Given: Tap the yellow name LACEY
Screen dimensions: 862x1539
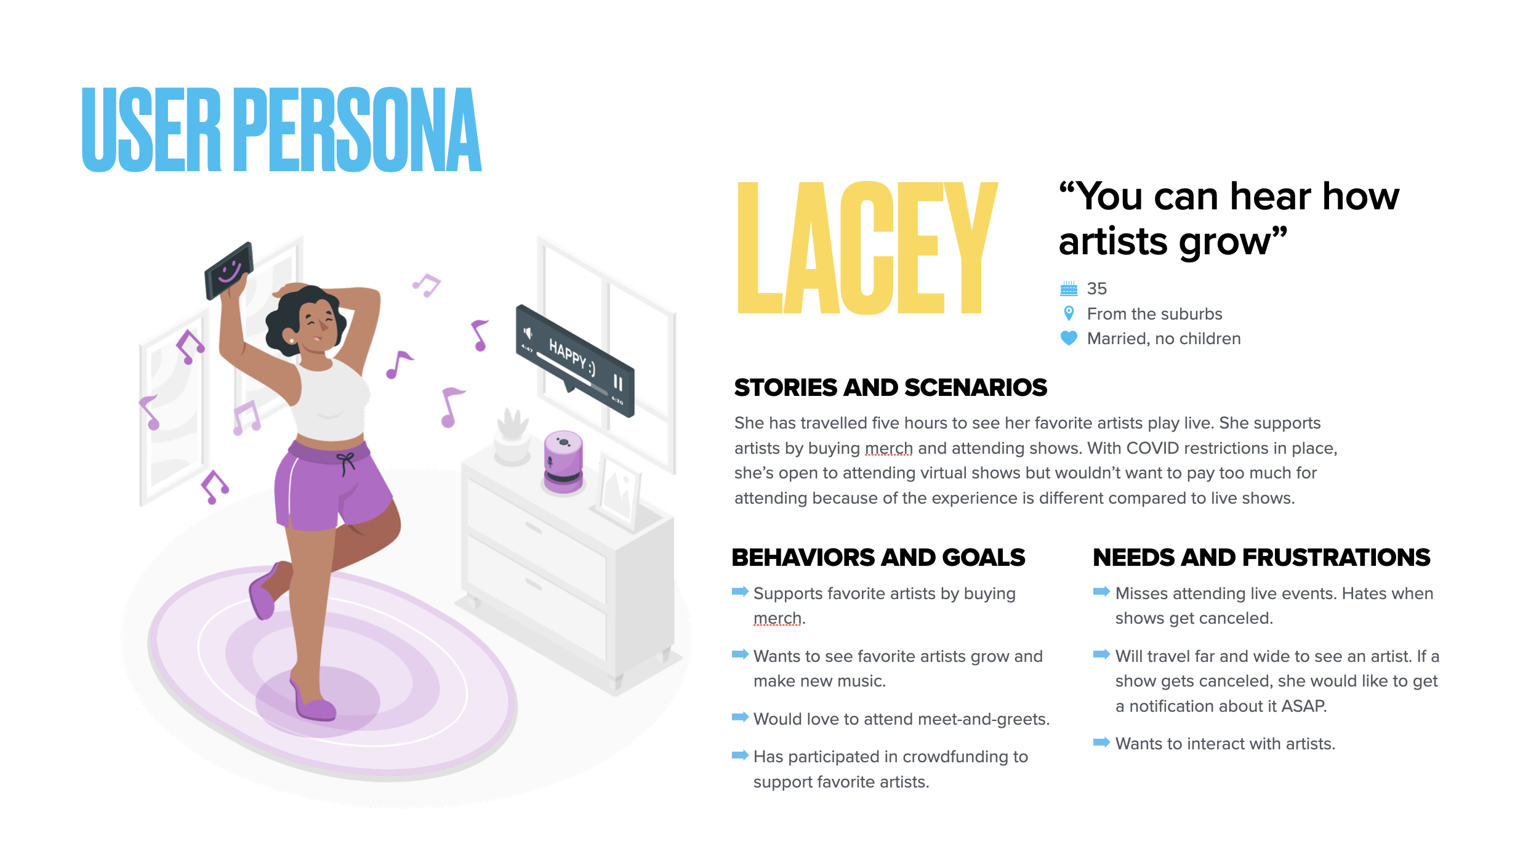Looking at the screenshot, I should point(867,248).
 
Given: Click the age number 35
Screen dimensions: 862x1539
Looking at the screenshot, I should point(1096,288).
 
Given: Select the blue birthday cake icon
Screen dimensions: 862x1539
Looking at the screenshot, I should point(1069,288).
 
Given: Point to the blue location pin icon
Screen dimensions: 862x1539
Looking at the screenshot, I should point(1069,313).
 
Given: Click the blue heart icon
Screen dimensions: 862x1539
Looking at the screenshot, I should point(1069,338).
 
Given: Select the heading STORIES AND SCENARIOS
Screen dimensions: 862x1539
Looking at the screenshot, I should point(890,388).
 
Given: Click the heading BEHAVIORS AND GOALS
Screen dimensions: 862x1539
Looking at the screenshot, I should point(878,557).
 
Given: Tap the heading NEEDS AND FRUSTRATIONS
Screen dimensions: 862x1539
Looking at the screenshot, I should point(1261,557).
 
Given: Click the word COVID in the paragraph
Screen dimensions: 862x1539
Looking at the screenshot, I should point(1152,448).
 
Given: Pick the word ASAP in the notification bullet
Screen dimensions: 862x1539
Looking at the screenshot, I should point(1303,706).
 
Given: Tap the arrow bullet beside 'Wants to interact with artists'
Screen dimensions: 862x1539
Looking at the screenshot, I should point(1101,743).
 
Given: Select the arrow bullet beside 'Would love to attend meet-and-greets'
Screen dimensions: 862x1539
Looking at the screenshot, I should point(739,717).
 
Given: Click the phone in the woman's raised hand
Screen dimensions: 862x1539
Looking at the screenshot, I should point(229,271).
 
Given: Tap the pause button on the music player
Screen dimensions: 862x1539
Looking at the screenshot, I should point(617,383).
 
